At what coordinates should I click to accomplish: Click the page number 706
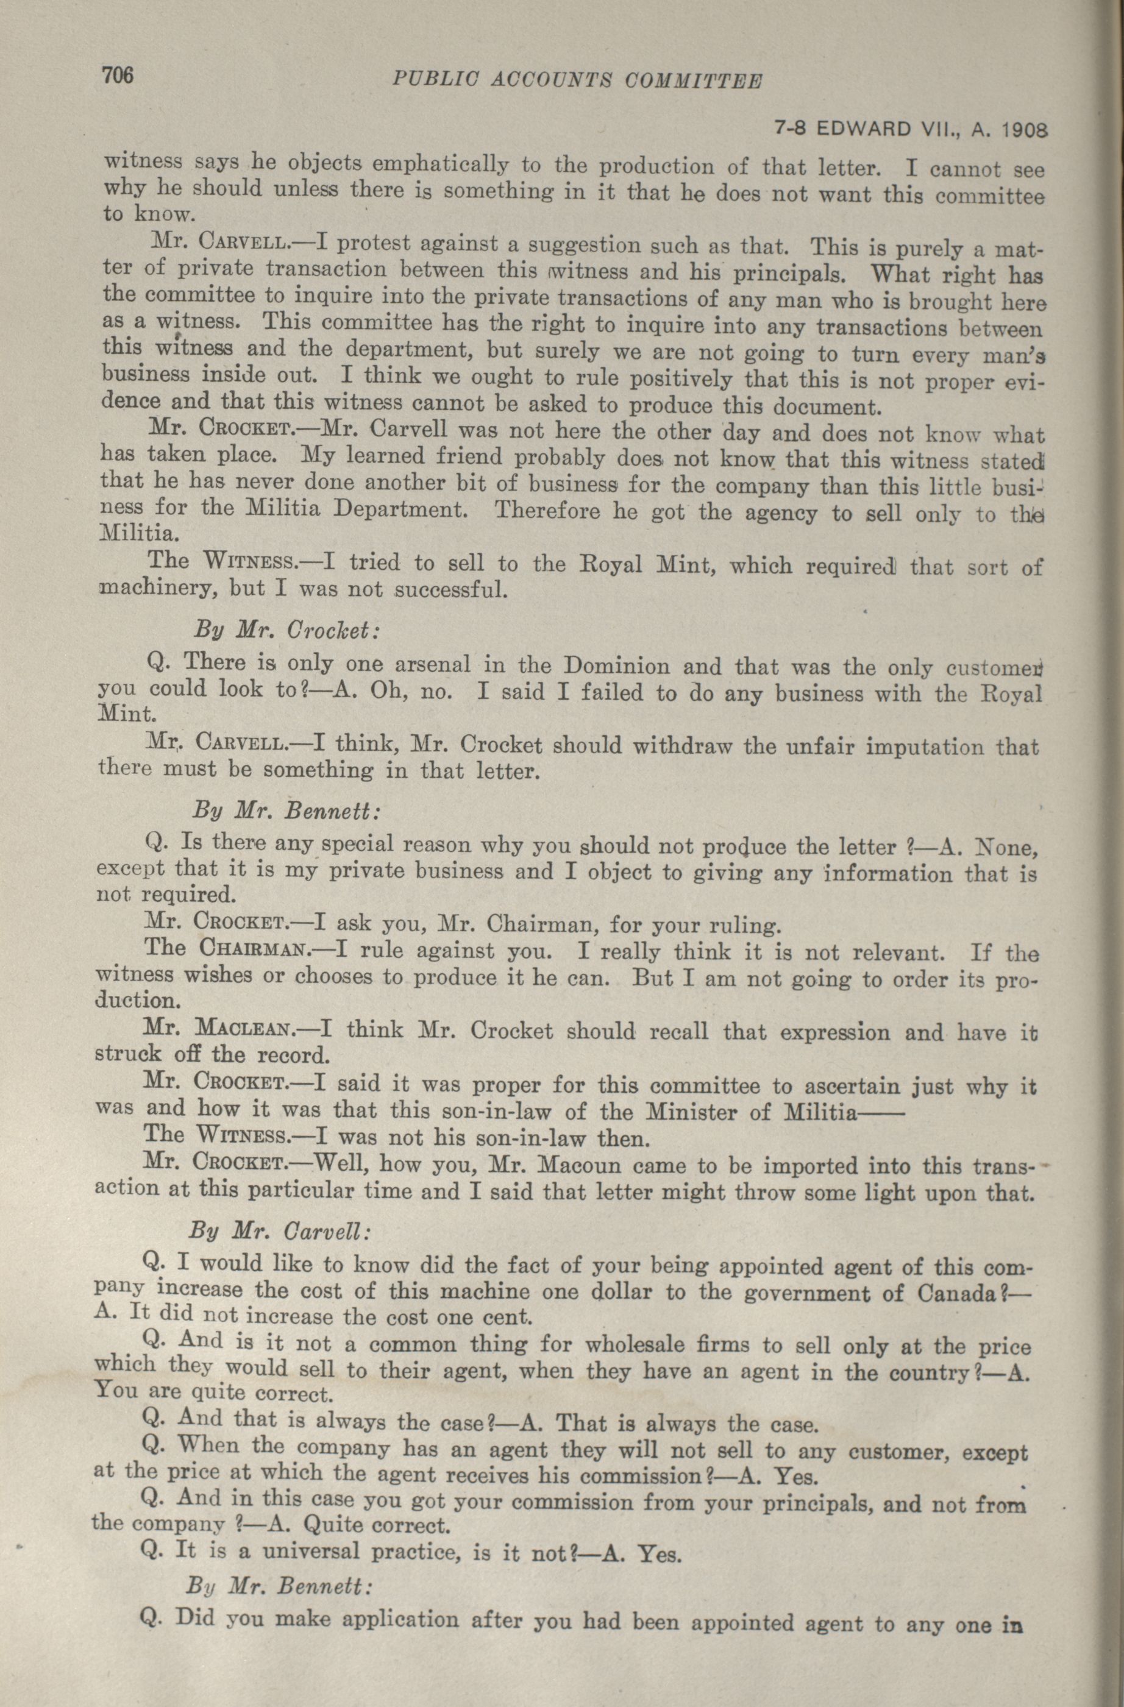point(119,76)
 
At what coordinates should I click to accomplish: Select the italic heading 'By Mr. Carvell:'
point(280,1231)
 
